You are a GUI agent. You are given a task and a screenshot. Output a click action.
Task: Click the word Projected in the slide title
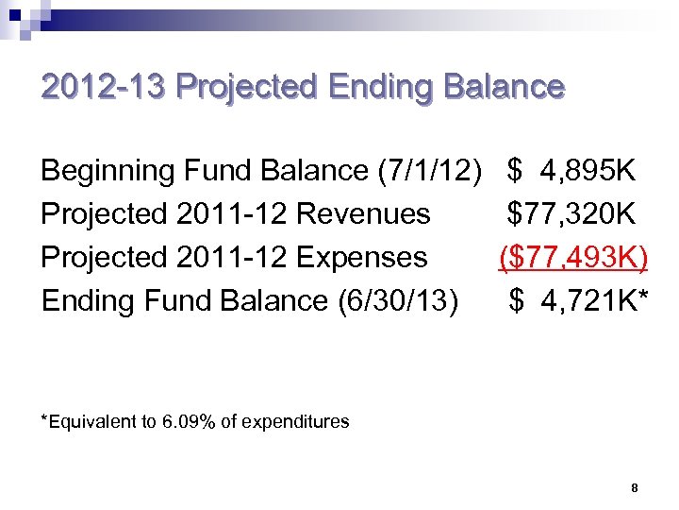[x=246, y=88]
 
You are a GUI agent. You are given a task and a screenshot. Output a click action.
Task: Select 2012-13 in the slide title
[x=103, y=88]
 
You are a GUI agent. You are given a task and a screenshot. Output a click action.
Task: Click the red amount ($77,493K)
[x=573, y=257]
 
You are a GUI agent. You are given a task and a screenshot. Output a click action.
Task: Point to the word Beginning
[x=108, y=171]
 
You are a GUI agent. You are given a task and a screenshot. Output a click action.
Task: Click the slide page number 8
[x=635, y=488]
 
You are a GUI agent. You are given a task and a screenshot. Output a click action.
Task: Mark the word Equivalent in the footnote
[x=92, y=422]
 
